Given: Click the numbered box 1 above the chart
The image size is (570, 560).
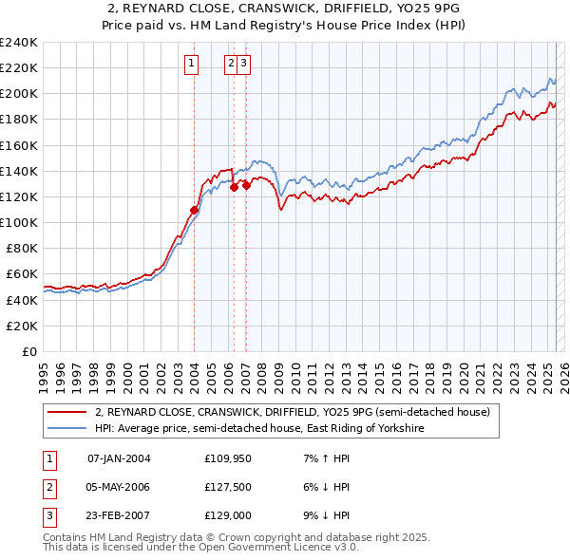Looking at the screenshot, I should tap(191, 64).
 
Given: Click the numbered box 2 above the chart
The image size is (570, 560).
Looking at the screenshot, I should tap(231, 64).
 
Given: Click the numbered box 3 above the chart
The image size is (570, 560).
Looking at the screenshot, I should tap(244, 64).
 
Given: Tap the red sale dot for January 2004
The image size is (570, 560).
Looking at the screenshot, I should tap(194, 210).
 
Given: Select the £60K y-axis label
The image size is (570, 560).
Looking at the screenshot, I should tap(22, 274).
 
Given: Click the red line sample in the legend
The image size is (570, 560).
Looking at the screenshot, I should tap(67, 412).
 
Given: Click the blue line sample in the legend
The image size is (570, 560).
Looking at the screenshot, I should tap(67, 429).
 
